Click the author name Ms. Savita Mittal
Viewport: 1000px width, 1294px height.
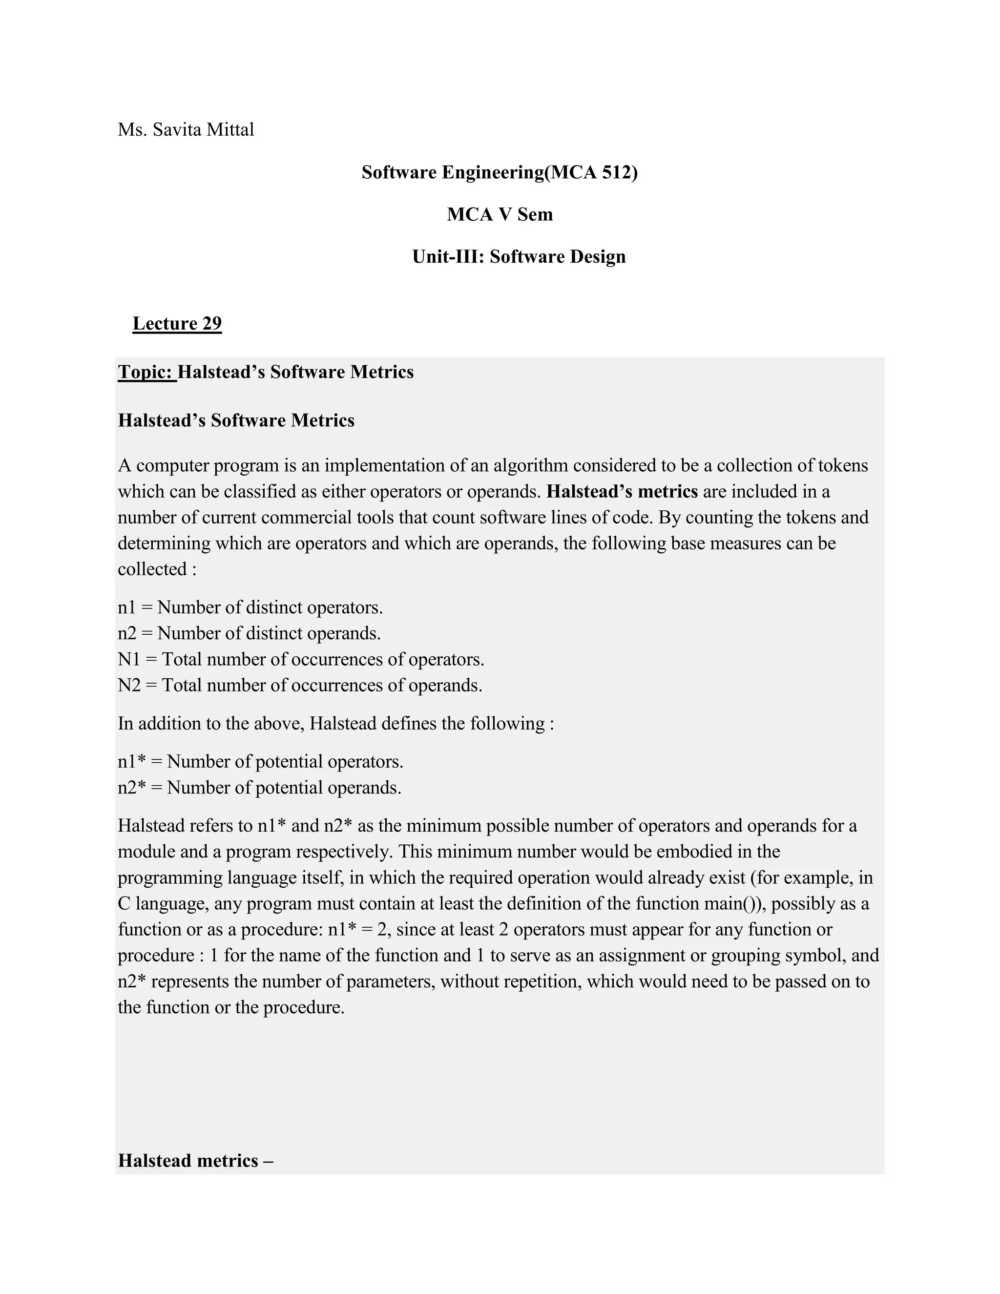[186, 129]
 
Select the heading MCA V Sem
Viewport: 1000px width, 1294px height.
[500, 214]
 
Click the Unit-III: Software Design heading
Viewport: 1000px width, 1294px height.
[519, 256]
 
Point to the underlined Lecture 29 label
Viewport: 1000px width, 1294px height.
[177, 323]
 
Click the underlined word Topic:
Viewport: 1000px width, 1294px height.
[146, 372]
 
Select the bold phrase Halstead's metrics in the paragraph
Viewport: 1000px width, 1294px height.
[622, 492]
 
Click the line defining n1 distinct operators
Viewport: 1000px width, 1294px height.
[250, 607]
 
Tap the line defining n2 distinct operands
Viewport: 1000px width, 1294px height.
[249, 633]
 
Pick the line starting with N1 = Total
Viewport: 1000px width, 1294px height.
[300, 659]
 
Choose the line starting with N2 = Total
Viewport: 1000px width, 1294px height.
[300, 686]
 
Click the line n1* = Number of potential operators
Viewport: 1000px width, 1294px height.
[260, 762]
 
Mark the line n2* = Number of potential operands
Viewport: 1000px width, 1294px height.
[259, 788]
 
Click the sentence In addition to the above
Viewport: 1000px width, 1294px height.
[335, 724]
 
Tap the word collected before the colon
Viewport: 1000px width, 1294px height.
[152, 569]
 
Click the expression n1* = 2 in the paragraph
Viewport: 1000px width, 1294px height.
[359, 930]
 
